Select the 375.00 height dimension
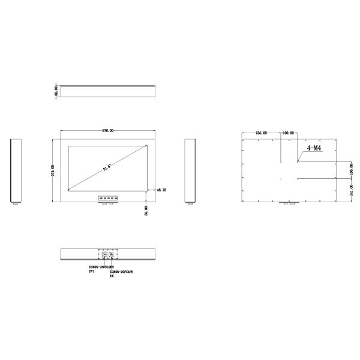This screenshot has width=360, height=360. [x=53, y=171]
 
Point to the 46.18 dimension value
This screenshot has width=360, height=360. [x=161, y=190]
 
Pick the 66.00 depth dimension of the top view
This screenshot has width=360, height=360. [x=56, y=91]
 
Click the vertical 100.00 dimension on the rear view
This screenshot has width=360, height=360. [x=352, y=170]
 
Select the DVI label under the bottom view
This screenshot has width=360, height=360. [x=92, y=271]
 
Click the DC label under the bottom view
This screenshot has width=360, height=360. [x=112, y=277]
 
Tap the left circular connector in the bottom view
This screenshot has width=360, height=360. [x=103, y=254]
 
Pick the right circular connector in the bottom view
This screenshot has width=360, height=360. [x=111, y=254]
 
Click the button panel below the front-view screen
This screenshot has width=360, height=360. [x=108, y=197]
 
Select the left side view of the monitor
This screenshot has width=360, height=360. [x=17, y=171]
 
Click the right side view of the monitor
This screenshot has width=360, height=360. [x=190, y=171]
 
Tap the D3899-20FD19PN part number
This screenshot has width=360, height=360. [x=101, y=266]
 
